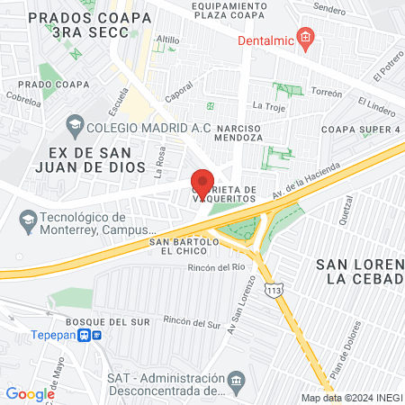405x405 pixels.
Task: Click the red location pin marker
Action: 202,183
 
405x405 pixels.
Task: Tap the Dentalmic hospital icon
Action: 306,38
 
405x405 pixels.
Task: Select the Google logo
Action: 30,393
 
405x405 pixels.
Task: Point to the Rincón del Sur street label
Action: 193,321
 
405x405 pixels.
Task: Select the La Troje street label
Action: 268,105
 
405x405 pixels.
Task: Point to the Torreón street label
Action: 327,94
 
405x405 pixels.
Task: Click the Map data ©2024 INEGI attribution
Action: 350,398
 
